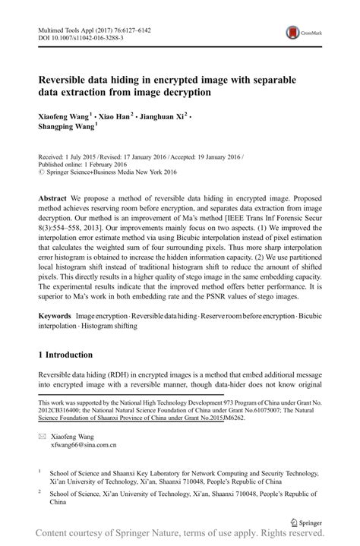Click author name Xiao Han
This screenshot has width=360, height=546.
click(115, 116)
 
